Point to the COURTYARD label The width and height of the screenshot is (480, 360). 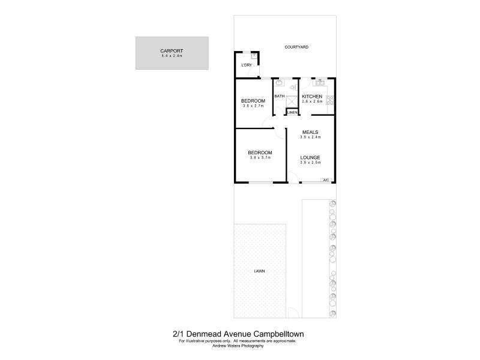tap(297, 47)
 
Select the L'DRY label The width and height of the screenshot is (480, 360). tap(246, 65)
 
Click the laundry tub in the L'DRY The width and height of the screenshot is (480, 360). tap(254, 56)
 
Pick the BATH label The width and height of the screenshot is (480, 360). tap(279, 97)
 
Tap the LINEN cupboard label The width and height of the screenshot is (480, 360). tap(292, 112)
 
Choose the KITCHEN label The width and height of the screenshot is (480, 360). tap(312, 97)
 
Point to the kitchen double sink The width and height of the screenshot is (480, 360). tap(319, 83)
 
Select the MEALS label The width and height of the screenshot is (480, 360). tap(310, 132)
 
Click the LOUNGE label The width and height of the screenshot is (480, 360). tap(310, 158)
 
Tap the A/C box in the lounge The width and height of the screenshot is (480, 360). tap(326, 180)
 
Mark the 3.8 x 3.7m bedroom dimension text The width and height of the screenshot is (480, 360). tap(260, 158)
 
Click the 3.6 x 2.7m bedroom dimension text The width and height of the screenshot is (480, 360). tap(253, 106)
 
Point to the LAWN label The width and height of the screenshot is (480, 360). tap(260, 271)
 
